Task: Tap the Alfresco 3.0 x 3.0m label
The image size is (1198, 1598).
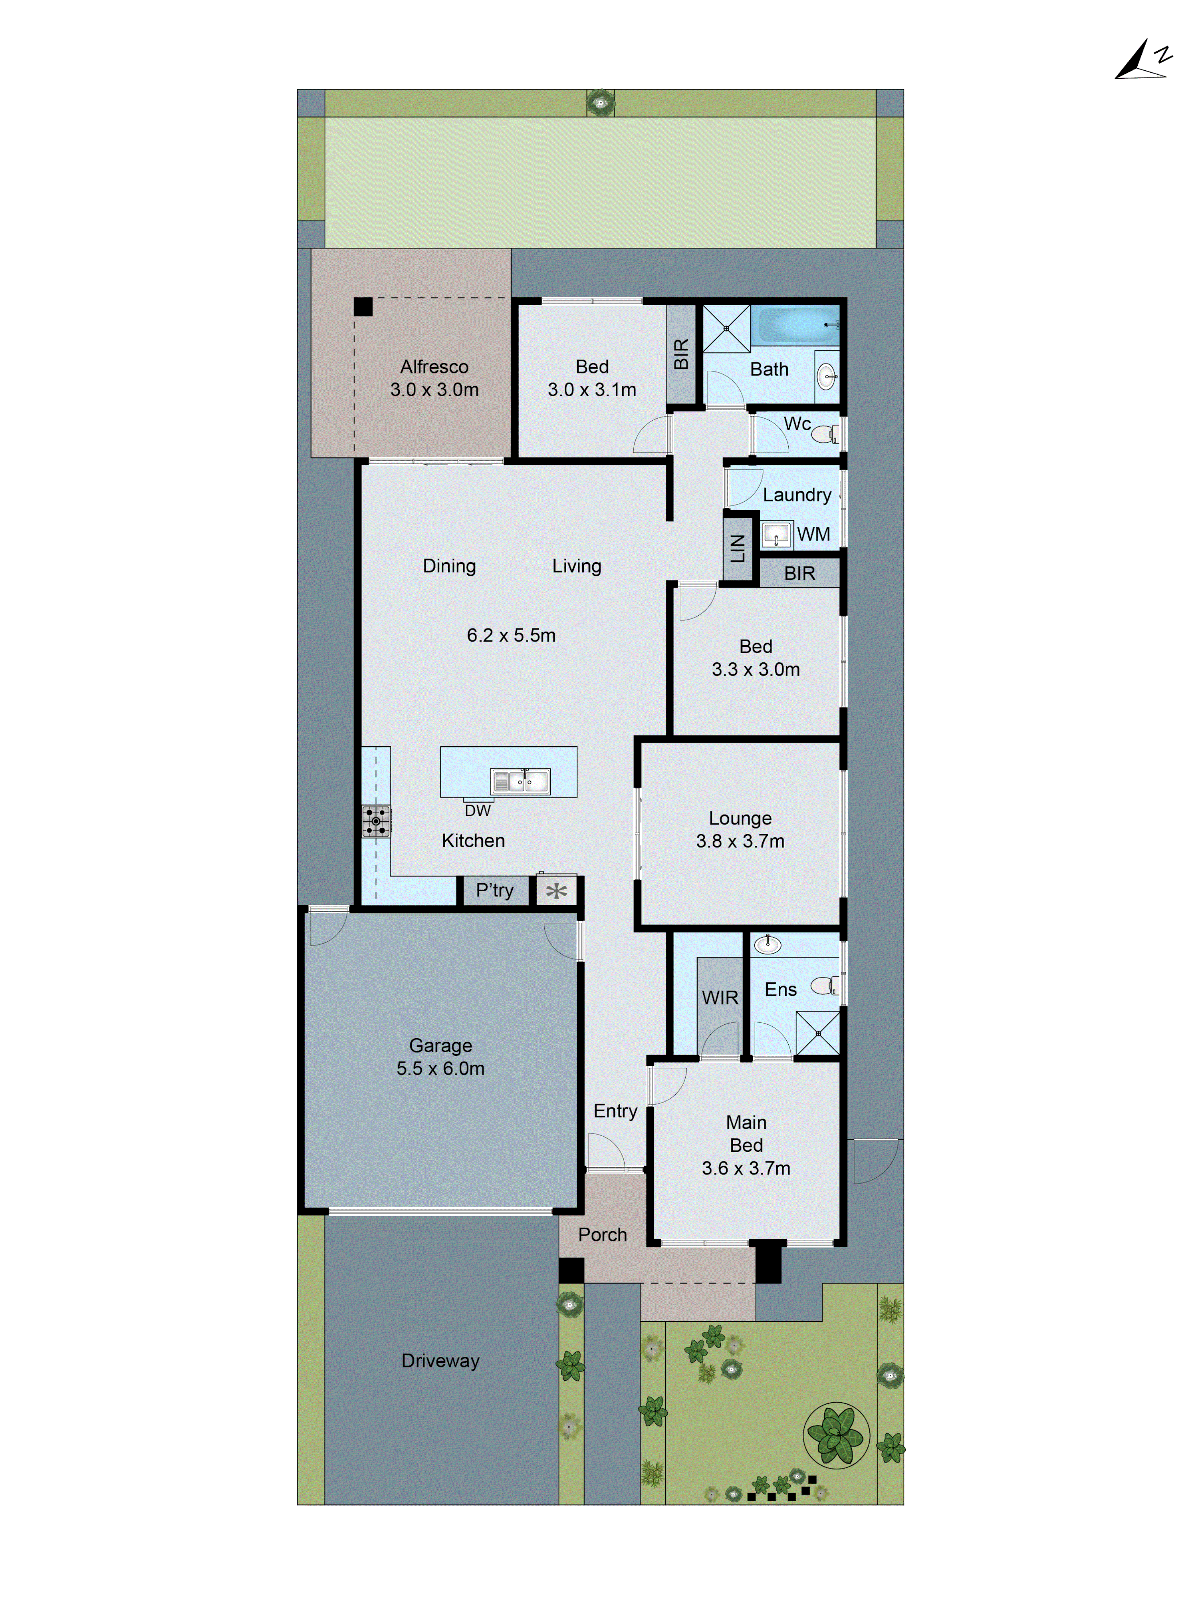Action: coord(434,378)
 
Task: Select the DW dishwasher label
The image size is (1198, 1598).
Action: coord(477,811)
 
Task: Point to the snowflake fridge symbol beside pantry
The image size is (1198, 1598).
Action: coord(556,891)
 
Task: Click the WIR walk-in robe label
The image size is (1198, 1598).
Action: coord(720,998)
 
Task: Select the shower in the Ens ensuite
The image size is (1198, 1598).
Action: coord(817,1033)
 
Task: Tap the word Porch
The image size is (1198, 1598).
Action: coord(602,1234)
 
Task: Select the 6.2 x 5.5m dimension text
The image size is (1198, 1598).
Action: coord(510,635)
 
